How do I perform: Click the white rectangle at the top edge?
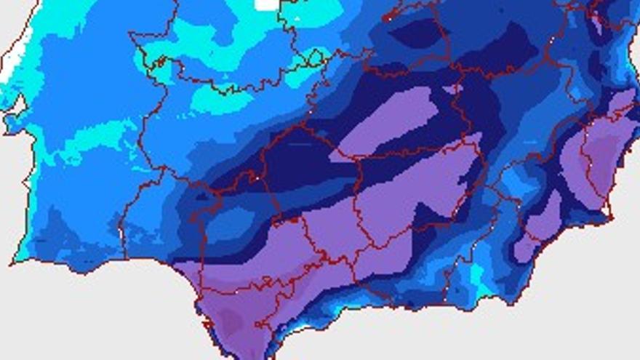[x=267, y=4]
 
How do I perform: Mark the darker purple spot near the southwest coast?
[x=231, y=320]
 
